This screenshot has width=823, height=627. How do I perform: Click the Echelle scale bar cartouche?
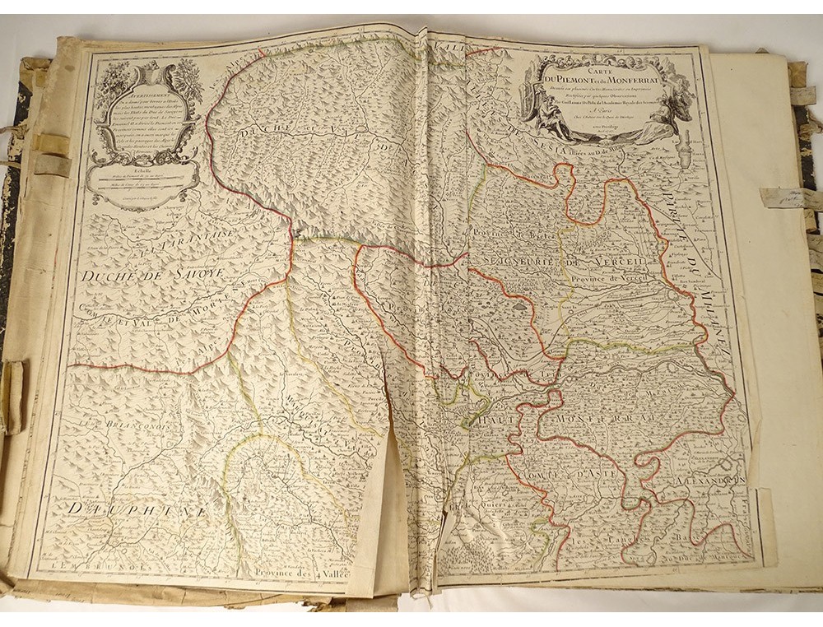tap(142, 175)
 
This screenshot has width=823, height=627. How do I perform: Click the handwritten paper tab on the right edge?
tap(783, 196)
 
